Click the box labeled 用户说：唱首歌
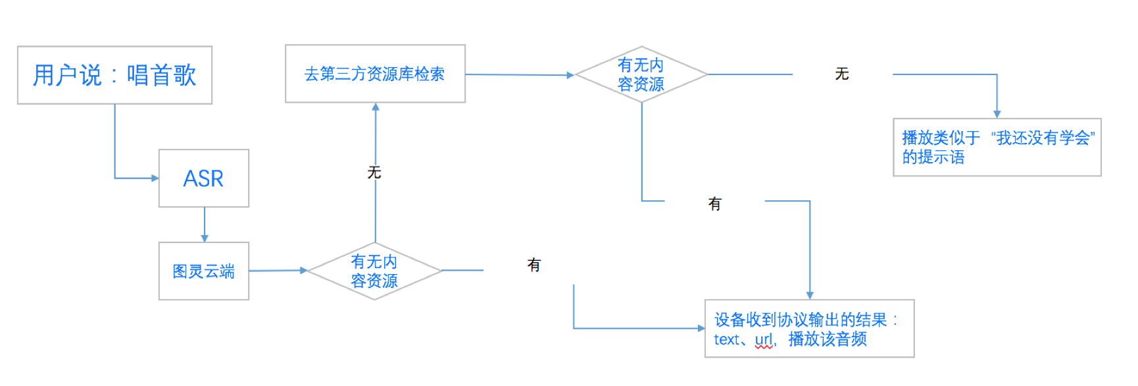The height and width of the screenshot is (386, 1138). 114,75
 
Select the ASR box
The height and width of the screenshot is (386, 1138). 203,179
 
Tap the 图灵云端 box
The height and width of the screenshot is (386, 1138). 203,271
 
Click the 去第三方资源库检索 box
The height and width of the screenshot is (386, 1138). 375,74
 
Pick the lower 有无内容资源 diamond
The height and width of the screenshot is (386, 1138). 374,271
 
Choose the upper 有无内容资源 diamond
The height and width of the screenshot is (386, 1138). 641,74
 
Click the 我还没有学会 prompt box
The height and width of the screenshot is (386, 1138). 997,148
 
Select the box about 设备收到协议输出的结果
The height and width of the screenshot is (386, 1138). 809,329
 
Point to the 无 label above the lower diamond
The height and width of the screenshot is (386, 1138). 374,173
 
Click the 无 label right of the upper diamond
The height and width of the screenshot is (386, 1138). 842,74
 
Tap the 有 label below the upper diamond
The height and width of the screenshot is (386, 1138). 715,204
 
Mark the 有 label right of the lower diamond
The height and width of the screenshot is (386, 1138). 534,265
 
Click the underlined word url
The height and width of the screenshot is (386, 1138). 764,340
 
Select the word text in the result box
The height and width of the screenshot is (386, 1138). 726,340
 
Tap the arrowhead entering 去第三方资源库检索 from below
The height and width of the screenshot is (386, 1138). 376,107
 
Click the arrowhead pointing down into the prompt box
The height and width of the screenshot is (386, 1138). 997,114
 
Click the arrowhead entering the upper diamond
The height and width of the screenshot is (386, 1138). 570,75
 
